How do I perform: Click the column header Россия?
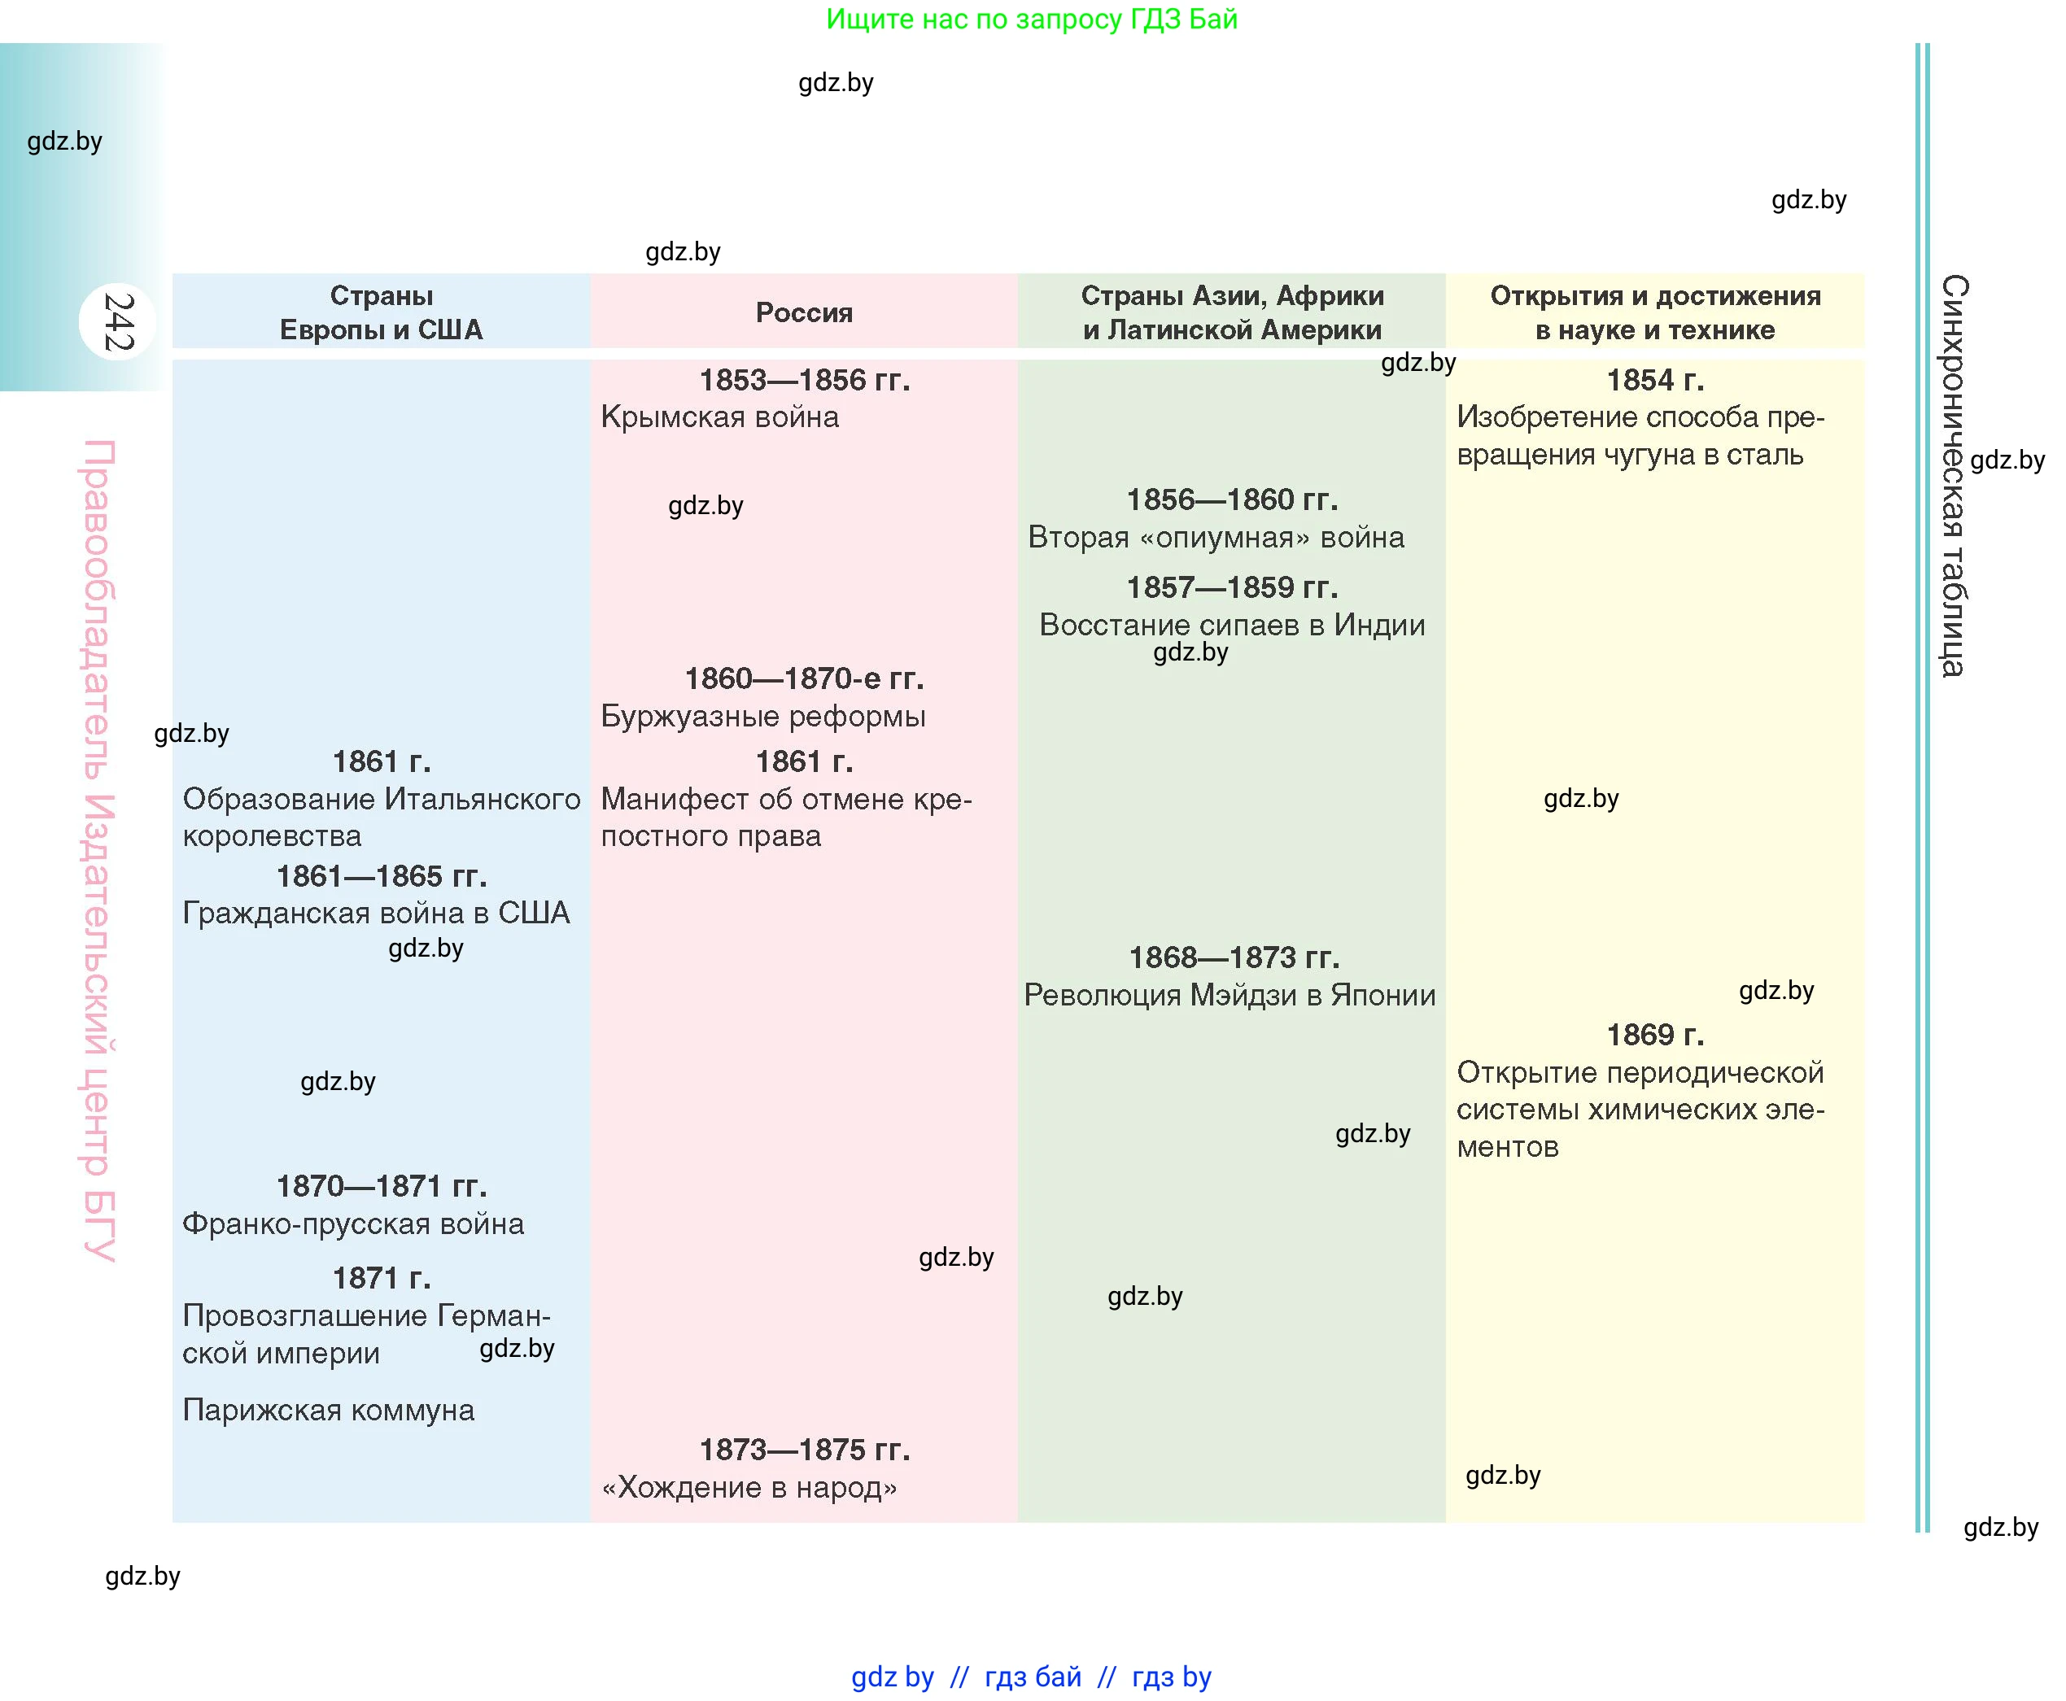pos(804,312)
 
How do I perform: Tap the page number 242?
pos(119,321)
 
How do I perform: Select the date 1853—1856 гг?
pos(804,380)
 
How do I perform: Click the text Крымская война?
pos(719,417)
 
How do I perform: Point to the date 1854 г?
pos(1654,380)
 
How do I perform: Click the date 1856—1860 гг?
pos(1231,499)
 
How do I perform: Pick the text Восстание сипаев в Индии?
pos(1231,625)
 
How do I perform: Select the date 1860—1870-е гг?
pos(804,678)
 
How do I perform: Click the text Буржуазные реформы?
pos(762,716)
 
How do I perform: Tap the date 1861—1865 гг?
pos(382,876)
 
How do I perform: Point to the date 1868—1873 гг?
pos(1233,957)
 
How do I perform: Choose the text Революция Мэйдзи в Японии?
pos(1229,996)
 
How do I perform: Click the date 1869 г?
pos(1654,1035)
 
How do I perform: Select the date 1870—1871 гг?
pos(382,1187)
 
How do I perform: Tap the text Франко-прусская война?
pos(353,1223)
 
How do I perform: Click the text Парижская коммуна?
pos(328,1410)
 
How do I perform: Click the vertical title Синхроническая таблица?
pos(1953,475)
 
